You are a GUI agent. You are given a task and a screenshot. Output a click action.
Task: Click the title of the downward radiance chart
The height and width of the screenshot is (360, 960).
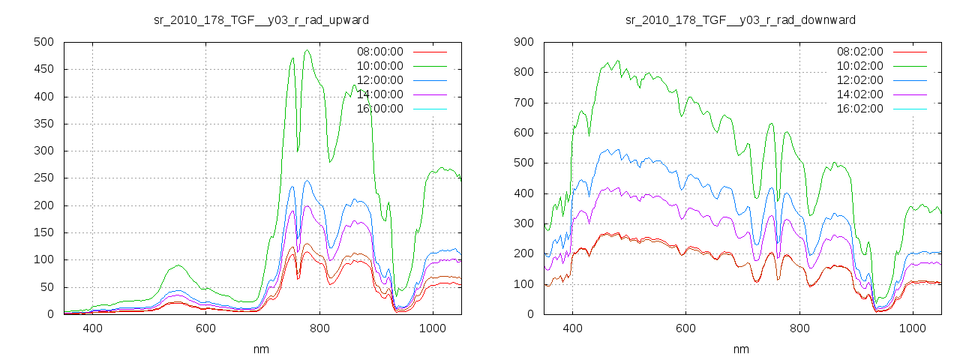tap(741, 19)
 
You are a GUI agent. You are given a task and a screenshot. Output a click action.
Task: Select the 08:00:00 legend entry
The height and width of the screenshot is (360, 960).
tap(379, 52)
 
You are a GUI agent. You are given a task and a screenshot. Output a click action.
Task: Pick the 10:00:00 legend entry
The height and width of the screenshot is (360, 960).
tap(379, 66)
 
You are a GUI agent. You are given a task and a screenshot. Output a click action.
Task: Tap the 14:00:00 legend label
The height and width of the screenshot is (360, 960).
tap(379, 94)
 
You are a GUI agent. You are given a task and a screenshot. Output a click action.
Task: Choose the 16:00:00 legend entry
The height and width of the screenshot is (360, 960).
tap(379, 109)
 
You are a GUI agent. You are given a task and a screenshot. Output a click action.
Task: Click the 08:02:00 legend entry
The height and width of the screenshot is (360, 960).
tap(859, 52)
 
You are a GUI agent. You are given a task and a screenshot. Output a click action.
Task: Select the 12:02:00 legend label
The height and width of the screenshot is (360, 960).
tap(859, 80)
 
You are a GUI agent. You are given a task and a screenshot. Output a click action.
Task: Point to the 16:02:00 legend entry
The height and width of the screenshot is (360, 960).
tap(859, 109)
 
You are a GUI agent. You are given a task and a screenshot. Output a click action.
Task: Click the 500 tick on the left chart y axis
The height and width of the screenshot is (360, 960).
tap(42, 42)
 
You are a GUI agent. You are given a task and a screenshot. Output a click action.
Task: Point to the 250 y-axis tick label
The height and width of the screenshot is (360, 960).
tap(42, 178)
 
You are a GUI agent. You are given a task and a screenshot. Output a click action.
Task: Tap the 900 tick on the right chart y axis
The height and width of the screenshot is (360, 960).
tap(523, 42)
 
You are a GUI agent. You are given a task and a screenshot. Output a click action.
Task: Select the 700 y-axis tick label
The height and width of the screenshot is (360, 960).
tap(523, 103)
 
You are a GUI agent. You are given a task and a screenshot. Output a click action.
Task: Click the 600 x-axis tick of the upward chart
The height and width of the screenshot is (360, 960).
tap(205, 328)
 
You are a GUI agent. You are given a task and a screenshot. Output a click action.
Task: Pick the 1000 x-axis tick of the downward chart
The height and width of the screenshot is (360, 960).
tap(912, 328)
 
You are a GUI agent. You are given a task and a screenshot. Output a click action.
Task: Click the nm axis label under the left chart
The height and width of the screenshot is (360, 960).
tap(261, 349)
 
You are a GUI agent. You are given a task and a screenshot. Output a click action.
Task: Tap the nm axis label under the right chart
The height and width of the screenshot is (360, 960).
tap(741, 349)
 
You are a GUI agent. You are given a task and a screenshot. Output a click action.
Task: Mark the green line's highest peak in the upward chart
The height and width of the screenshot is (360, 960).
tap(307, 51)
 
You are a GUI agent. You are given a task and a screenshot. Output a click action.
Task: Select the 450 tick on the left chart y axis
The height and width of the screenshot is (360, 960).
tap(42, 69)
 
